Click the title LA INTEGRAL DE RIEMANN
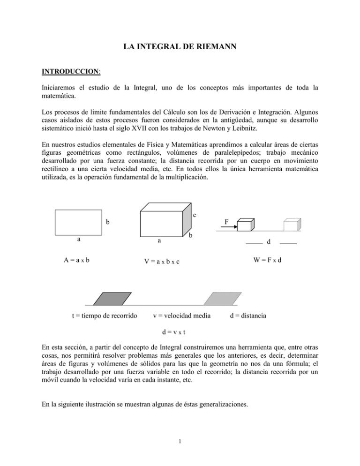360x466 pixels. [180, 46]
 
